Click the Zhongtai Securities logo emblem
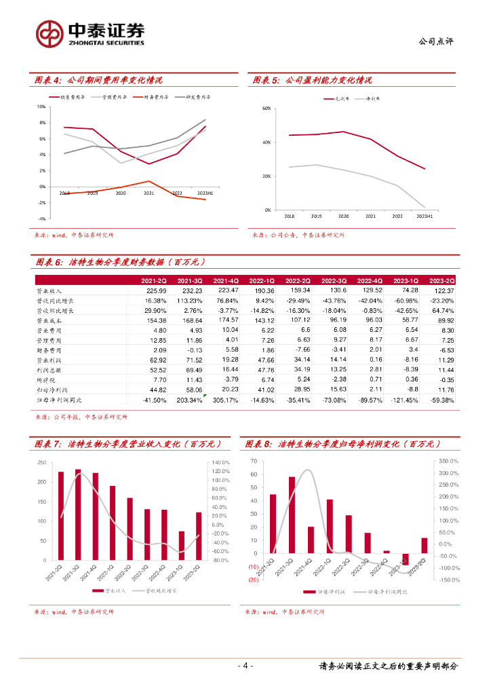click(x=50, y=33)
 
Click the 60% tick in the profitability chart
click(x=267, y=109)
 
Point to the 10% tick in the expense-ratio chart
click(x=41, y=107)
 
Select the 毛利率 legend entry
click(x=332, y=98)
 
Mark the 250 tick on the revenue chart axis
click(x=41, y=463)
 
